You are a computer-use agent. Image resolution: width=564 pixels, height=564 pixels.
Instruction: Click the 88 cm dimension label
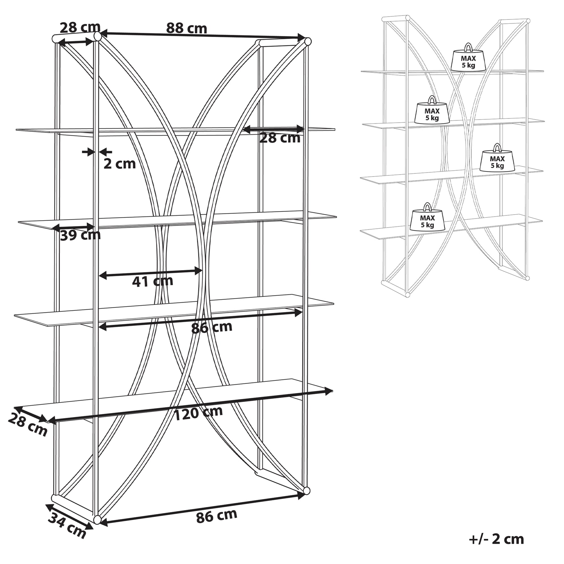pos(186,28)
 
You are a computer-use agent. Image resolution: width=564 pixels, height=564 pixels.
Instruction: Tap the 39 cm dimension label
pos(80,235)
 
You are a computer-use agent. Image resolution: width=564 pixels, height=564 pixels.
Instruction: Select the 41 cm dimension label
pos(152,281)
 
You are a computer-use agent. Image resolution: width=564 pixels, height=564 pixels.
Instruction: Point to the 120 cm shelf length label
pos(198,413)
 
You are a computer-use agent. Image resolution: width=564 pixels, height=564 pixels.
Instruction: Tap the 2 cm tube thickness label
pos(119,164)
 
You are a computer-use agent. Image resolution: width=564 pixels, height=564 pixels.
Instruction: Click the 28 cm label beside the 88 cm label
pos(80,28)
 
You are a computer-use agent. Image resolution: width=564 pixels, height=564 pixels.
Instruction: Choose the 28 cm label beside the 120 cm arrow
pos(28,425)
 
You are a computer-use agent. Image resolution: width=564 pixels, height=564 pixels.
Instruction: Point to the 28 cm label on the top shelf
pos(280,138)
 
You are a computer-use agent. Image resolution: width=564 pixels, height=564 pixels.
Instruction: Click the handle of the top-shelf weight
pos(468,47)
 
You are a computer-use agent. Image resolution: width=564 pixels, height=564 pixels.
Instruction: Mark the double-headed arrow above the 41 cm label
pos(150,273)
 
